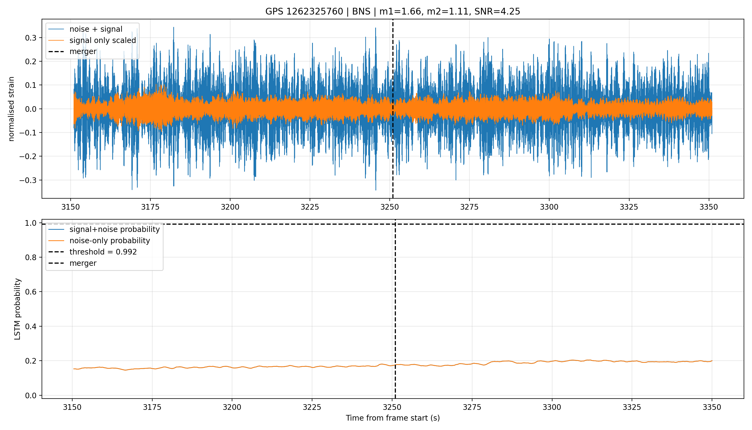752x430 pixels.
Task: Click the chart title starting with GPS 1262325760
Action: pos(393,11)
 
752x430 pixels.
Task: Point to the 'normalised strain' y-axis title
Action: pos(11,109)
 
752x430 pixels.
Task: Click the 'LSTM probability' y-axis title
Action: pos(17,309)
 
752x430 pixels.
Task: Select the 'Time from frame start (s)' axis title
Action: pos(393,418)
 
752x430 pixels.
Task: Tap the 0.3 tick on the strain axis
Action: pos(31,38)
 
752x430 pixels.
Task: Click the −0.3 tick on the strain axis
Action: pos(28,180)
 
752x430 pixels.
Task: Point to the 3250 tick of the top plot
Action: pos(390,207)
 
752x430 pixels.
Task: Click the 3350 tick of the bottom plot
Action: pos(712,407)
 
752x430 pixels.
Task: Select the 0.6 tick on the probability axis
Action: pos(31,292)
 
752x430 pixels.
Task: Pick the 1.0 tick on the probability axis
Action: pos(31,223)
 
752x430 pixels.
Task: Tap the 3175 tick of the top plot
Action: pos(150,207)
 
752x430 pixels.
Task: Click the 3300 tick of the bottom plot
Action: pos(552,407)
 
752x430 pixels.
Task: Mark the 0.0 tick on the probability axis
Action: pos(31,395)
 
